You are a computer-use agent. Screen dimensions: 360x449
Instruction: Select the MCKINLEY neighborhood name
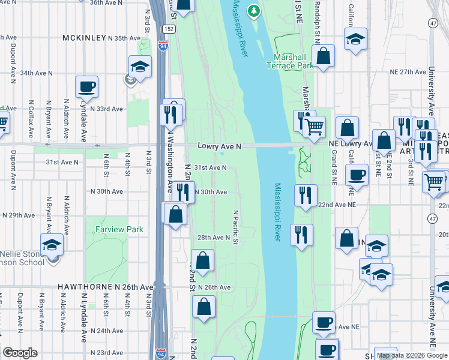[83, 38]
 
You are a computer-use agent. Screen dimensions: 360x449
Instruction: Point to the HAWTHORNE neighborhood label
[81, 287]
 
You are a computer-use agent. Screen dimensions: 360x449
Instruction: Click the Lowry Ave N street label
[220, 146]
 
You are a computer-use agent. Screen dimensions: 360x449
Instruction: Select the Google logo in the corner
[20, 353]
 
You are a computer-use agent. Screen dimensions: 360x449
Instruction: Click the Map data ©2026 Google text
[412, 355]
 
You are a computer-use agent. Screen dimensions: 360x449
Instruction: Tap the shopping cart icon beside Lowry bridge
[315, 127]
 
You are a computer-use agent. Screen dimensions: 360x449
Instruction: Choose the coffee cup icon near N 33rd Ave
[86, 86]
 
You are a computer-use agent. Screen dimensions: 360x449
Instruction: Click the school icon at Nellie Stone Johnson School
[52, 244]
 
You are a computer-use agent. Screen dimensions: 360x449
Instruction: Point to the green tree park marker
[254, 10]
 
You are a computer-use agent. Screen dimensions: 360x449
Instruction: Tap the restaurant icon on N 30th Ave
[183, 191]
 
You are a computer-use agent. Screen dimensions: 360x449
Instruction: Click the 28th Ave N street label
[214, 238]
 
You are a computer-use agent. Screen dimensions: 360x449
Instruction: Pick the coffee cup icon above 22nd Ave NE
[357, 175]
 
